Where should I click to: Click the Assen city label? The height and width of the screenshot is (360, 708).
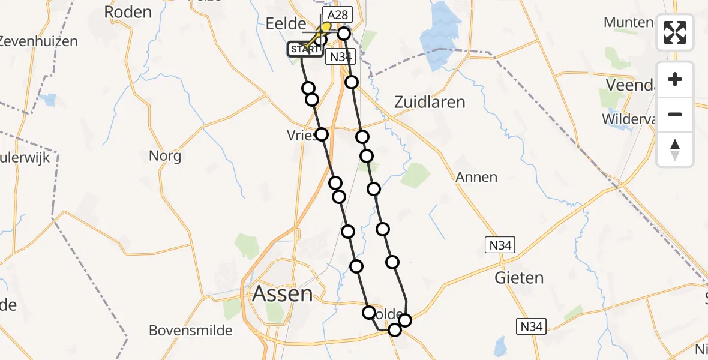point(283,294)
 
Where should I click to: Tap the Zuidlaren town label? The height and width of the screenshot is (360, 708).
point(429,102)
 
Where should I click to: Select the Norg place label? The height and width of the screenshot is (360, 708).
point(165,157)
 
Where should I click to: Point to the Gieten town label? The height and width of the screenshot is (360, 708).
point(519,278)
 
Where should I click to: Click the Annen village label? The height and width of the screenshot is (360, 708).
point(476,177)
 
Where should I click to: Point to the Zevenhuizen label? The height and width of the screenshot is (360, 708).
point(39,41)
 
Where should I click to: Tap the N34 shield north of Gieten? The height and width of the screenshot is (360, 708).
point(500,244)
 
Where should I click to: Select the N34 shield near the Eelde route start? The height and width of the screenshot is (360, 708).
point(341,57)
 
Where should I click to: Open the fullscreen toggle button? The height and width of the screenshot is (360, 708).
point(675,32)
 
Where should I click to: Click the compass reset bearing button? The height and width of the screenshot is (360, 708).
point(675,149)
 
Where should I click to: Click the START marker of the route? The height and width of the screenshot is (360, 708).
point(305,49)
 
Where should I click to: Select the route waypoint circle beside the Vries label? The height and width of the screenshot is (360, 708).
point(322,134)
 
